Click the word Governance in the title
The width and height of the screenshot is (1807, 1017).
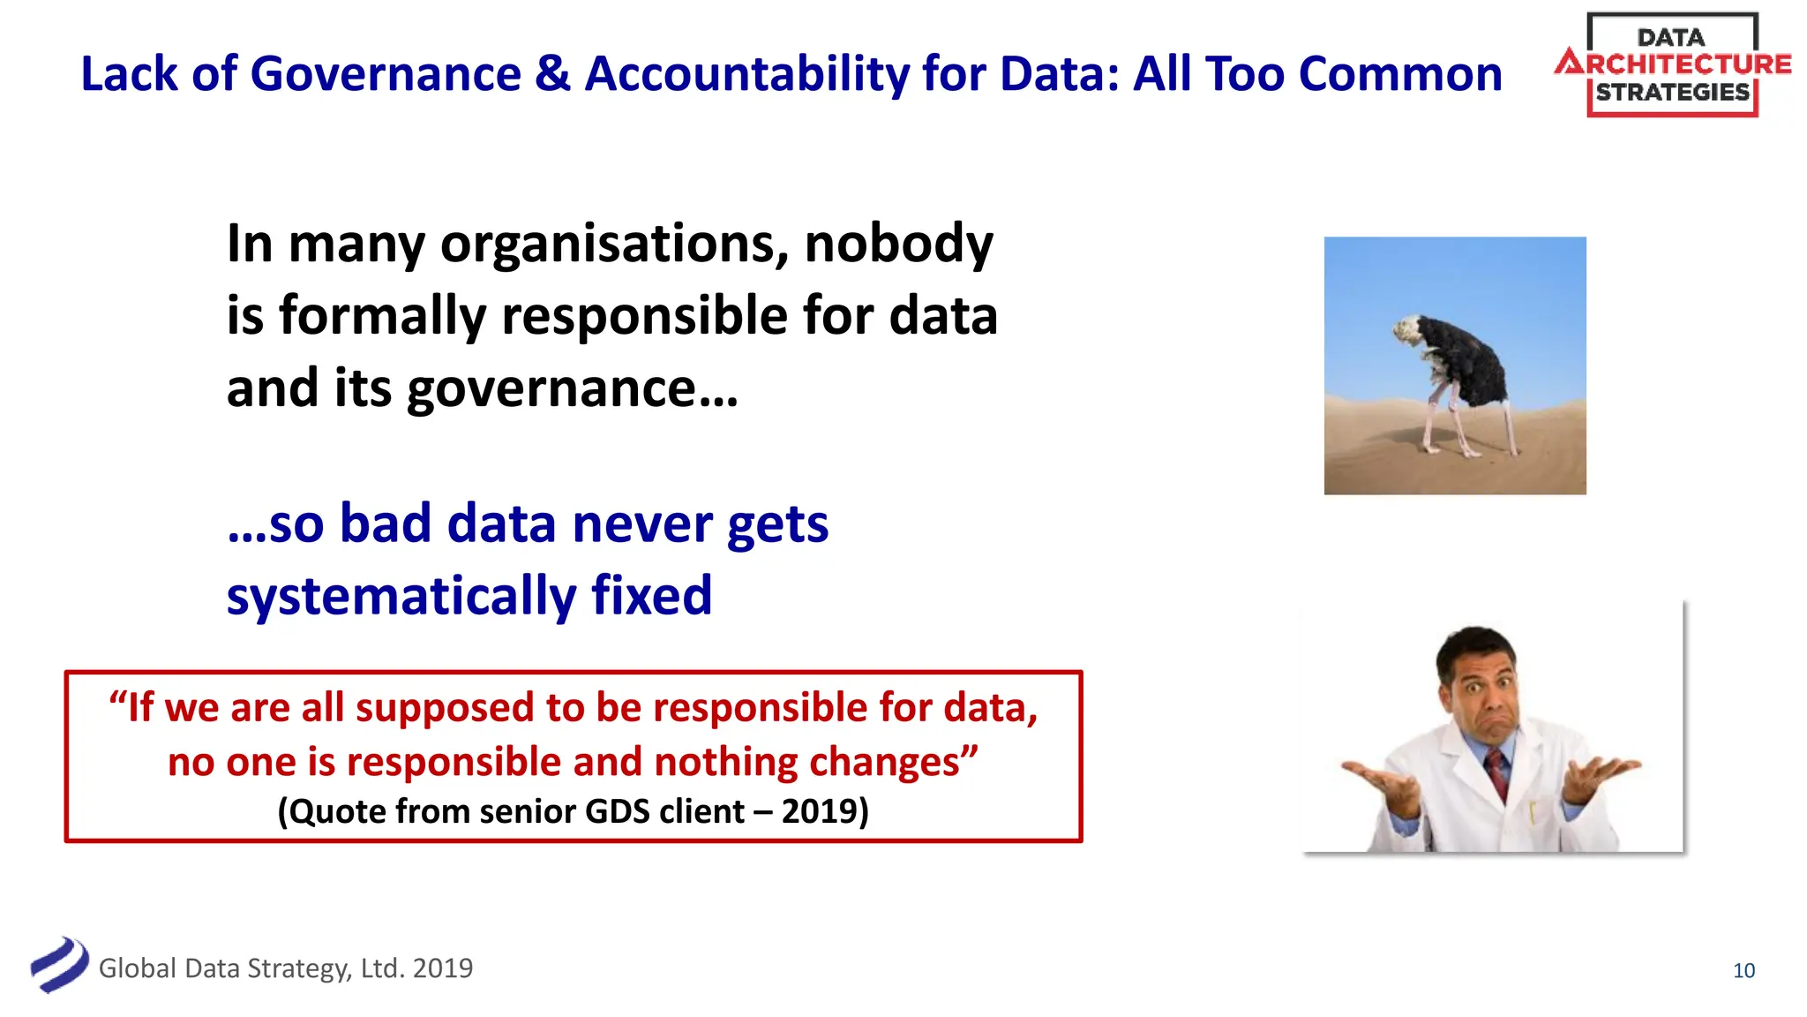click(x=386, y=74)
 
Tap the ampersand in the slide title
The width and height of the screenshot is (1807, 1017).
click(x=552, y=74)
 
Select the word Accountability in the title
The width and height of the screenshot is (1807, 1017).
click(x=746, y=74)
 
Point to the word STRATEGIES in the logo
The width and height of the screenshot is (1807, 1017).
click(x=1672, y=93)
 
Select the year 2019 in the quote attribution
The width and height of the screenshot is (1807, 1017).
click(x=819, y=811)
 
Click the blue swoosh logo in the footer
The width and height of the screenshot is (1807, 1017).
click(x=59, y=965)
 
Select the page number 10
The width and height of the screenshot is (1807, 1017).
click(x=1743, y=970)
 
